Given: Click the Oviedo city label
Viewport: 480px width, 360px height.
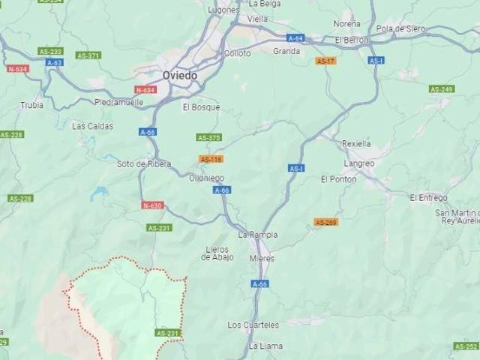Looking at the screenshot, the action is click(180, 76).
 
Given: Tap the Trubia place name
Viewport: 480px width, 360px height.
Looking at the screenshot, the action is click(31, 105).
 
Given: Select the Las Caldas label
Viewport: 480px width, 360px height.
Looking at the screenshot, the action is click(92, 126).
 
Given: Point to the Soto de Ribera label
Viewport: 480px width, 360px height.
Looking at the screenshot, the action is click(143, 163).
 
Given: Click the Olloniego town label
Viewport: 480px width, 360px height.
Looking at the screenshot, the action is click(206, 178).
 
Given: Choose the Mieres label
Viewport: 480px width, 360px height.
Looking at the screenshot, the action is click(262, 258).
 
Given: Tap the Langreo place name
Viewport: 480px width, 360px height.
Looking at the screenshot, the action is click(358, 163).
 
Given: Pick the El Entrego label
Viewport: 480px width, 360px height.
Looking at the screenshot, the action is click(428, 197).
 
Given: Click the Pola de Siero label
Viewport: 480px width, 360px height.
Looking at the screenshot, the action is click(400, 28).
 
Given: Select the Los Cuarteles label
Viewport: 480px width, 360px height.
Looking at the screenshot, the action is click(253, 325).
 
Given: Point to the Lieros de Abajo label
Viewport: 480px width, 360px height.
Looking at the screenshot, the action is click(217, 253).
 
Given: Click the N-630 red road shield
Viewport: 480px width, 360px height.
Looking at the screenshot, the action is click(151, 205).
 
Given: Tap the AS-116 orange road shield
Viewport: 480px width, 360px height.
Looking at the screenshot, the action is click(211, 159).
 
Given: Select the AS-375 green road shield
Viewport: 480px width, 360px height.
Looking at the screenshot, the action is click(208, 137).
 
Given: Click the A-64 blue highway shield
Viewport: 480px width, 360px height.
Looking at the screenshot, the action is click(295, 37).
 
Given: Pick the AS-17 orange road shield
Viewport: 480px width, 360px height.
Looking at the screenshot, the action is click(325, 61).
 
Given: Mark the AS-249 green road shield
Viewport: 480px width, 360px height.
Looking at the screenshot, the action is click(442, 89).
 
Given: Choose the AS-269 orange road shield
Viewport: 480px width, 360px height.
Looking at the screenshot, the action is click(325, 222).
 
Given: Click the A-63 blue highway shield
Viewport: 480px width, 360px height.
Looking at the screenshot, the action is click(54, 62).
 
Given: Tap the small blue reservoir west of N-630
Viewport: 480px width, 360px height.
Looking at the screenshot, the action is click(99, 193).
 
